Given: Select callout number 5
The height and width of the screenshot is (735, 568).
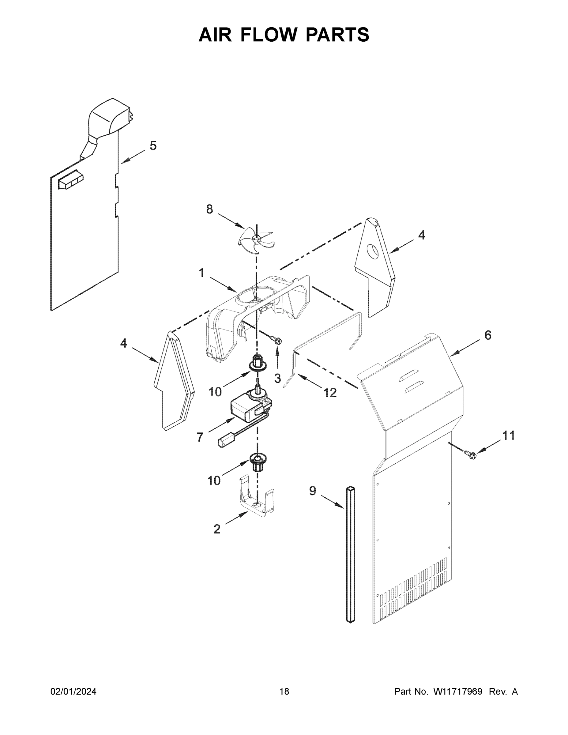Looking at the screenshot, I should click(153, 146).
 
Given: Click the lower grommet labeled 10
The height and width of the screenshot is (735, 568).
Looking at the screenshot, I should click(258, 462).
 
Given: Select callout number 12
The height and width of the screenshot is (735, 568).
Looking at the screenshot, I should click(330, 392).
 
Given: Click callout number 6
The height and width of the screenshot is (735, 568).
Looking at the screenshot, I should click(487, 335).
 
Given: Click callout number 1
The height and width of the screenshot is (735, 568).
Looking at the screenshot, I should click(201, 273).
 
